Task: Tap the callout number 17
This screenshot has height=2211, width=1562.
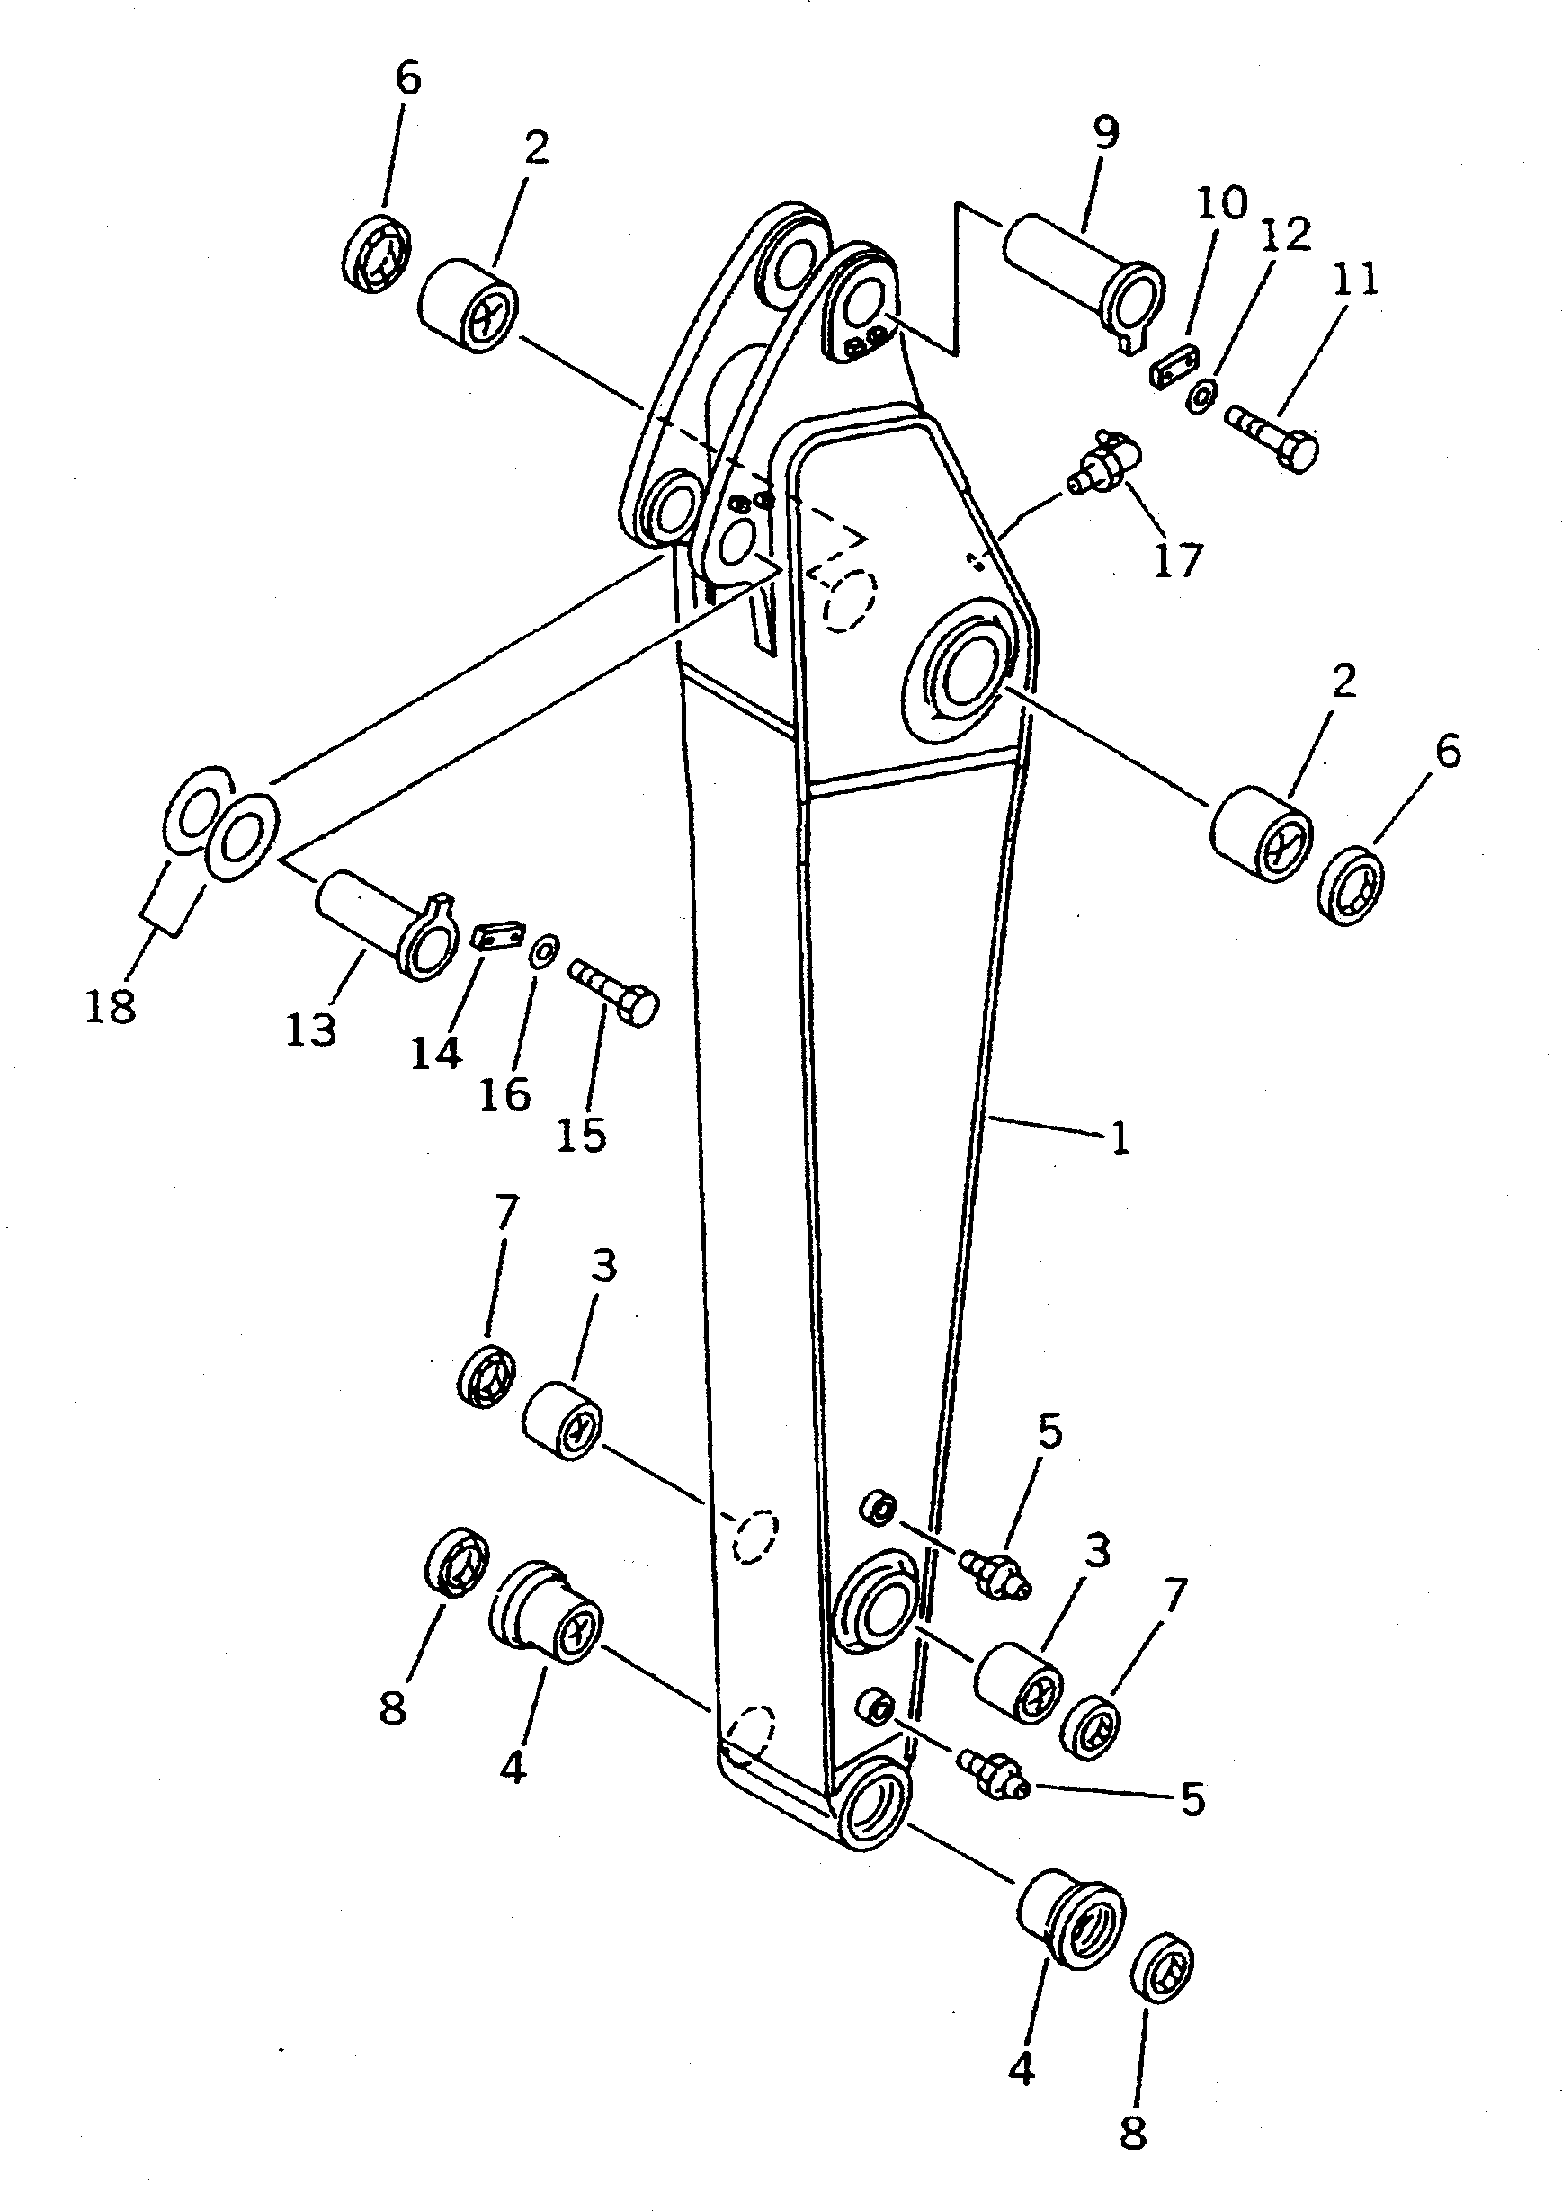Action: [x=1178, y=559]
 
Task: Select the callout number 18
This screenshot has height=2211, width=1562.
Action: [x=110, y=1007]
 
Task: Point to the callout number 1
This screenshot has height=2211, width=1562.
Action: [x=1119, y=1138]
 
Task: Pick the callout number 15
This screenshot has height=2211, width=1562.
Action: [x=582, y=1136]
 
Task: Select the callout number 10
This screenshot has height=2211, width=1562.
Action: [x=1221, y=203]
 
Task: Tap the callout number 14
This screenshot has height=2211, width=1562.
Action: [x=436, y=1054]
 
